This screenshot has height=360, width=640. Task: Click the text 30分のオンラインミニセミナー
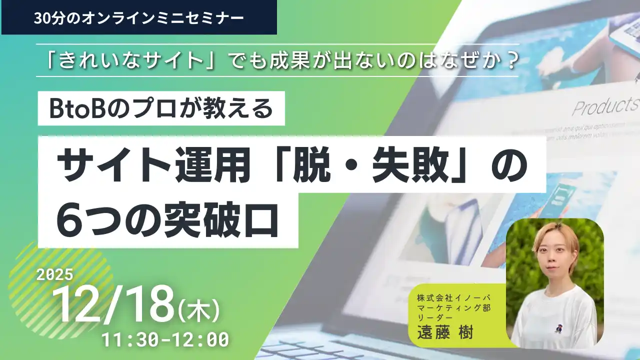click(x=139, y=18)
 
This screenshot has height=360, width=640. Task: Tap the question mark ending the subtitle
click(x=509, y=62)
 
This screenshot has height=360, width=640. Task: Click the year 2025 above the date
click(x=55, y=274)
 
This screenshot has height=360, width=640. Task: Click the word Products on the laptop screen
click(x=604, y=106)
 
